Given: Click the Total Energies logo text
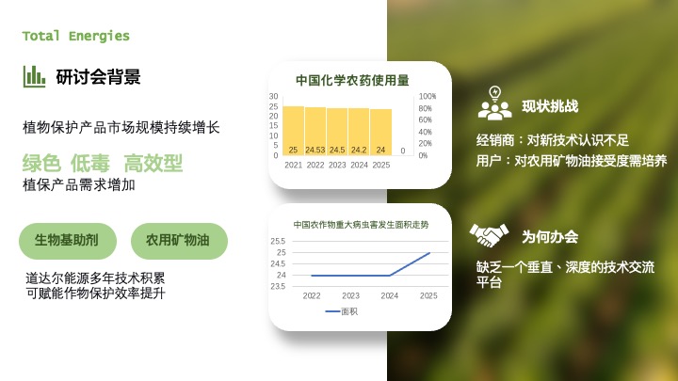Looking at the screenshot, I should [76, 37].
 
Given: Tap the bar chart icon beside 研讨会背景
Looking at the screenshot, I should [35, 76].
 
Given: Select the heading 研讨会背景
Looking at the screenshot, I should [98, 77].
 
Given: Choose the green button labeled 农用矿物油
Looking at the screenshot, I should [178, 241].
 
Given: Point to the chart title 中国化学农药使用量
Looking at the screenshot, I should [352, 80].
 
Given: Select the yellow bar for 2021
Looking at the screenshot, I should [294, 131].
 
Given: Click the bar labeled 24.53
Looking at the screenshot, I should [315, 132].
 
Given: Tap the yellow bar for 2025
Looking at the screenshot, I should [380, 133].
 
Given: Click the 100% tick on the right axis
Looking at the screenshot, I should [428, 97].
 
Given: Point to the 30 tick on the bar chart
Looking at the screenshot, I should [273, 97].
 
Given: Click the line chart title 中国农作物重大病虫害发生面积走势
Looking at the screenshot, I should [361, 225].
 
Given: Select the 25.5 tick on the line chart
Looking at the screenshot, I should [278, 242].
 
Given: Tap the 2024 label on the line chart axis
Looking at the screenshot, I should [390, 295].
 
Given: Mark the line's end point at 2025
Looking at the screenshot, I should [429, 253].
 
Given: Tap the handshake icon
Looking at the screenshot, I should [489, 235].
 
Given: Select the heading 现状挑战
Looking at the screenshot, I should [550, 106].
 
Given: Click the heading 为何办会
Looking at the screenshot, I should [550, 237].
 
